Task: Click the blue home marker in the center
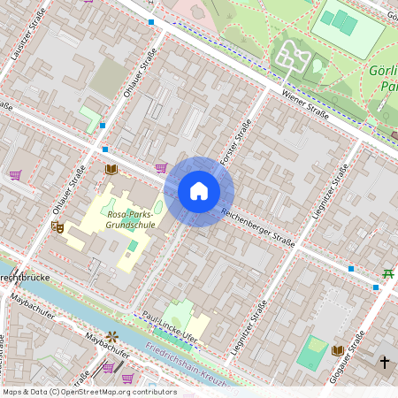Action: point(199,191)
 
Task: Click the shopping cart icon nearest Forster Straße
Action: point(161,167)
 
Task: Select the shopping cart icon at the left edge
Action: point(15,174)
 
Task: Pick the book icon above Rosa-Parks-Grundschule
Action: point(111,169)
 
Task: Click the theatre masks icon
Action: point(57,227)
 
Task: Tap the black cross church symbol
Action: point(385,362)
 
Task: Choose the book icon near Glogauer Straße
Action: point(337,351)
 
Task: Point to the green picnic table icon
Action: point(387,274)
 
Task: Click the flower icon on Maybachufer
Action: point(112,335)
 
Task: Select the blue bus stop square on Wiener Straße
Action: point(152,21)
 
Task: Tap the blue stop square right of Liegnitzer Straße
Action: point(351,268)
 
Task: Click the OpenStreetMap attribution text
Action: point(88,392)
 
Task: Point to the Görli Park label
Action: point(387,78)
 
